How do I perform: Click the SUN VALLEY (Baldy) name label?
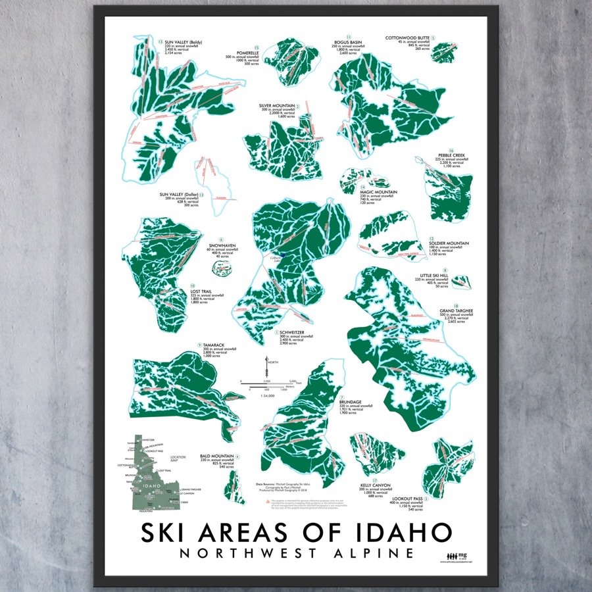pos(182,40)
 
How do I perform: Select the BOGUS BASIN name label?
pos(348,40)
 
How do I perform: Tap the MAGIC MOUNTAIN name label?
pos(378,191)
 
